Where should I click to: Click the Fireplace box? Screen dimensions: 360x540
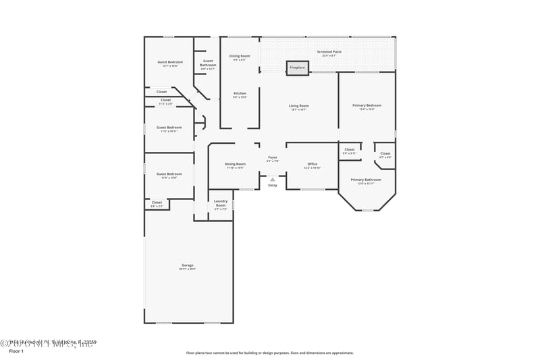tap(297, 68)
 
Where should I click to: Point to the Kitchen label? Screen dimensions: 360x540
tap(240, 93)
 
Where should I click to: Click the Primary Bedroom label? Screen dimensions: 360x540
tap(367, 105)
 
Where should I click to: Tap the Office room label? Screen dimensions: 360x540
tap(312, 163)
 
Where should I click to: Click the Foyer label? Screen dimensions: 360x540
tap(273, 158)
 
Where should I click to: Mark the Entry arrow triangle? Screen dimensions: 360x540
tap(273, 180)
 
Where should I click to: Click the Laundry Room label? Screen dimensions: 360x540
tap(221, 202)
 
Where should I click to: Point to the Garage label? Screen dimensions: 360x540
tap(188, 265)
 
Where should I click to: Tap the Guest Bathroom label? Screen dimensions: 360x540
tap(208, 64)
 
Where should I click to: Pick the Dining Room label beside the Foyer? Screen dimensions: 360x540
tap(235, 163)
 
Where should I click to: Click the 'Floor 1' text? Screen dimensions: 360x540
tap(16, 352)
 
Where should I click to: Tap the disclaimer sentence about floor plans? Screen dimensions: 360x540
tap(270, 353)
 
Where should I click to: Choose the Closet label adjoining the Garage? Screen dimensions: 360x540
tap(157, 202)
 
